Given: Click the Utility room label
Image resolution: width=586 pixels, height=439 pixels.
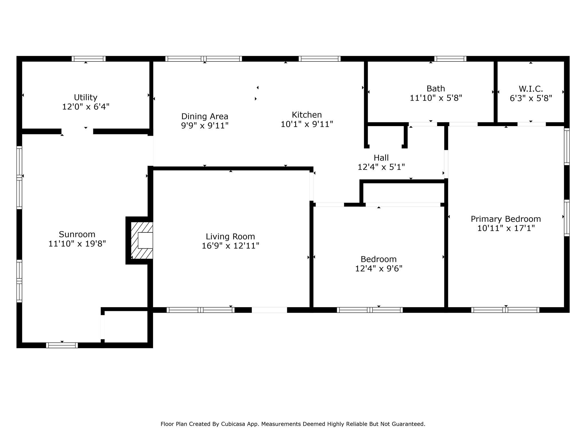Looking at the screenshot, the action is [x=86, y=97].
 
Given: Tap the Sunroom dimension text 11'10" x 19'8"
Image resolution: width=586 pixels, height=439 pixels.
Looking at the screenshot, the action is [x=77, y=244].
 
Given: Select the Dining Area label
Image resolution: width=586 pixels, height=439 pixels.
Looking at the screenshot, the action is [x=205, y=117].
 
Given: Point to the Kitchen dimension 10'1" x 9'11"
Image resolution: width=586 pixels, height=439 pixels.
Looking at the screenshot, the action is [x=307, y=124].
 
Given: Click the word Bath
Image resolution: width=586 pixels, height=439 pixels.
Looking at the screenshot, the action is [x=436, y=89].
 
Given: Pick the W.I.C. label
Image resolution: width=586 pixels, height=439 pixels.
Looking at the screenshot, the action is [x=531, y=89].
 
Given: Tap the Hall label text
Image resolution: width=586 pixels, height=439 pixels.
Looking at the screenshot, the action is [x=381, y=158].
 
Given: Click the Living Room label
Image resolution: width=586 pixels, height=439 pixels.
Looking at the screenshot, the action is [x=230, y=237].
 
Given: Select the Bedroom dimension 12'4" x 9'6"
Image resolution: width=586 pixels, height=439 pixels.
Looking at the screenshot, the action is [x=379, y=269].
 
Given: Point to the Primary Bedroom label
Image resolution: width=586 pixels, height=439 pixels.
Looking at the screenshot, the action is [x=506, y=219].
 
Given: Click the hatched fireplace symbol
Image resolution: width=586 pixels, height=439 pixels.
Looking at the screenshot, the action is [x=142, y=240].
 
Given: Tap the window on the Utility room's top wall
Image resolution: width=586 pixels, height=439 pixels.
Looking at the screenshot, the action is [x=89, y=59].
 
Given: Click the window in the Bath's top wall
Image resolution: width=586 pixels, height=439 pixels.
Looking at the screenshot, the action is [x=450, y=59].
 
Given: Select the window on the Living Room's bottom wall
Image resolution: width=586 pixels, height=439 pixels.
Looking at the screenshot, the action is [x=201, y=310].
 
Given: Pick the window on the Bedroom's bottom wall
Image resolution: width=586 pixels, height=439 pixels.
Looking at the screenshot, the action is [x=370, y=310].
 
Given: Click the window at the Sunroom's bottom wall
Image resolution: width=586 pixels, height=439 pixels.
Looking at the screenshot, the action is [x=62, y=345].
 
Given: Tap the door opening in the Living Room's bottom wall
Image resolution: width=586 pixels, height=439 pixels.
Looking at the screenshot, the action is [x=269, y=310].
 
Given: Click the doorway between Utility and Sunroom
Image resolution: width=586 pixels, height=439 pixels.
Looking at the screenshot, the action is [x=77, y=131].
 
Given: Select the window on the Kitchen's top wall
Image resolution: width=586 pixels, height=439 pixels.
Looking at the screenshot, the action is [x=320, y=59].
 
